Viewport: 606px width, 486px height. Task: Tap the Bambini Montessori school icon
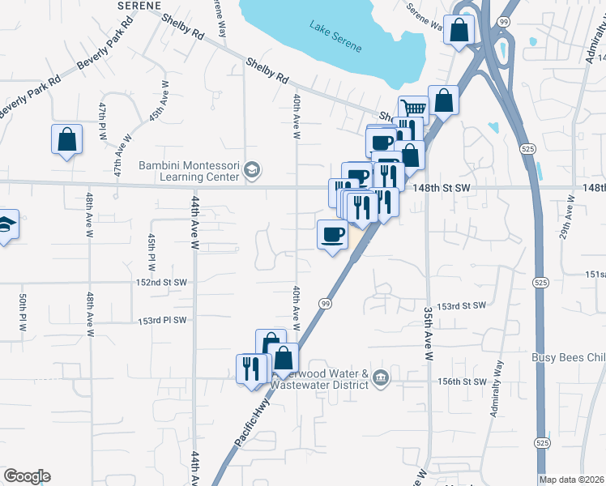[251, 169]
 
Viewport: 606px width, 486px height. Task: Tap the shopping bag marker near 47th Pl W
[66, 139]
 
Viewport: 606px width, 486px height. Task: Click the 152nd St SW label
[162, 283]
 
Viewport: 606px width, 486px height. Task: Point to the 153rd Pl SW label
[162, 320]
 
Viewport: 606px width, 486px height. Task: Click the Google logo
[26, 476]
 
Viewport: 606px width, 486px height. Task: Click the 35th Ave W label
[429, 334]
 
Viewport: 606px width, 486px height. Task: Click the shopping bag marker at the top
[459, 31]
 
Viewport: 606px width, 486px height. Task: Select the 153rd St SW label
[461, 306]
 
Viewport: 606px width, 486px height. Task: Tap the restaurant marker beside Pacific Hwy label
[251, 369]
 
